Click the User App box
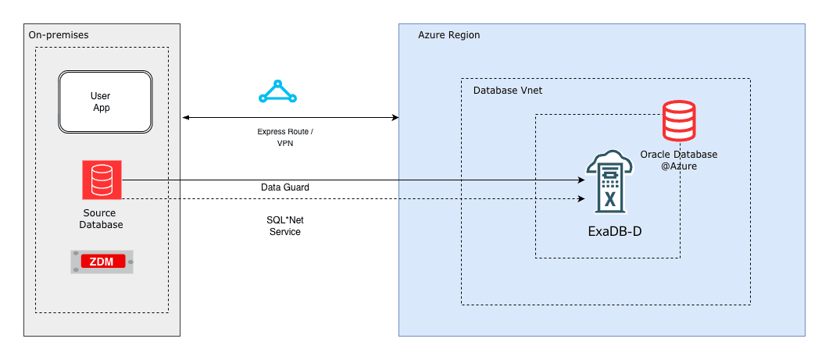[105, 102]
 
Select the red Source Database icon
[102, 180]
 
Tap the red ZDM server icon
[102, 262]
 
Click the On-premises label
[59, 35]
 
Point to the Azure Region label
[448, 35]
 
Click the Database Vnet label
[508, 91]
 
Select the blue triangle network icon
[277, 92]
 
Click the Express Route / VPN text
[285, 137]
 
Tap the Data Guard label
[284, 187]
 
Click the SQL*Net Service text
[284, 226]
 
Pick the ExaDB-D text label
[614, 231]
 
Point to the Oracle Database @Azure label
[678, 160]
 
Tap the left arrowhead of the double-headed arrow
[186, 118]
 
